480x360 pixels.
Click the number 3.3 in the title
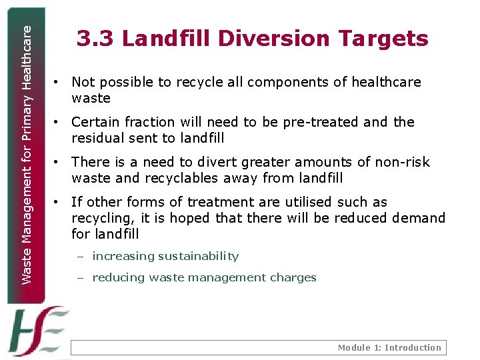click(x=96, y=39)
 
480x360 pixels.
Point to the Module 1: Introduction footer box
click(x=257, y=347)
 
